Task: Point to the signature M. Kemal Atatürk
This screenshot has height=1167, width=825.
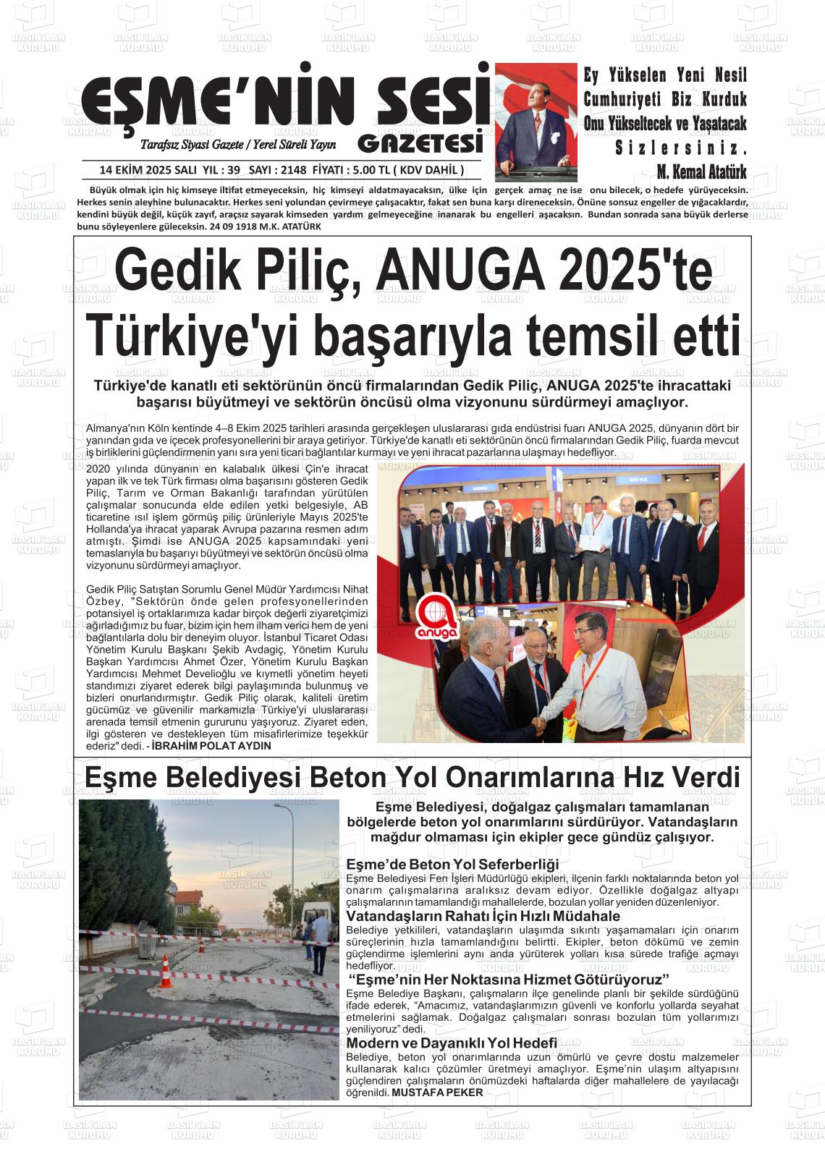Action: (701, 172)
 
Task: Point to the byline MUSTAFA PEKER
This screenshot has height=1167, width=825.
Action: (437, 1092)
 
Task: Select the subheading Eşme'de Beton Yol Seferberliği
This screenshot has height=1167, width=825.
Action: (453, 864)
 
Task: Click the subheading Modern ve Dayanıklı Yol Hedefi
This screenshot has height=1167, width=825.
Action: (452, 1043)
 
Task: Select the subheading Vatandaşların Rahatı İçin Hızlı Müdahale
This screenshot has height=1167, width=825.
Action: (483, 916)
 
